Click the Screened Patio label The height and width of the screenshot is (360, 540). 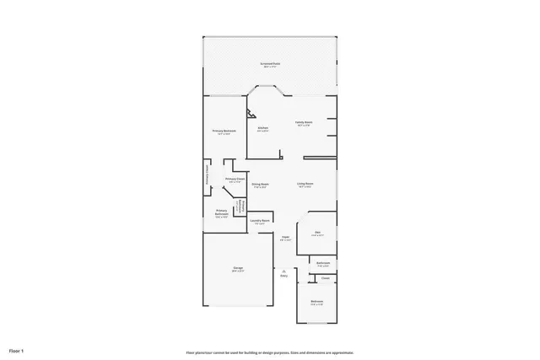(271, 63)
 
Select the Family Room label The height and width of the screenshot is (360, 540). (304, 123)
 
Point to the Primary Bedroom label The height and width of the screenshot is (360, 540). (224, 131)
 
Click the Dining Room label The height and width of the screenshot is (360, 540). (259, 184)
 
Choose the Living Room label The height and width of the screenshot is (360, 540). (305, 184)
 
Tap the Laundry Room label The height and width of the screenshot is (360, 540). (260, 221)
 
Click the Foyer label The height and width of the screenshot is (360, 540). (285, 237)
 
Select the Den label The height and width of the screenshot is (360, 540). (317, 232)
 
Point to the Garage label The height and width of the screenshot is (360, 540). (238, 267)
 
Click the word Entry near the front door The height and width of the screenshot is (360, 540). (284, 276)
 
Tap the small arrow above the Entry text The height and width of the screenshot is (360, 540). (284, 270)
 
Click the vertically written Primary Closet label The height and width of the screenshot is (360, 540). (208, 175)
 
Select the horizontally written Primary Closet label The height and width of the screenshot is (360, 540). (235, 179)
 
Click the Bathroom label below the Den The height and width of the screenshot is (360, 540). (323, 262)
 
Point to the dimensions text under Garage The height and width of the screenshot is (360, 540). (238, 271)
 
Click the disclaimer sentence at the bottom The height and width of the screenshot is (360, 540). (270, 352)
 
